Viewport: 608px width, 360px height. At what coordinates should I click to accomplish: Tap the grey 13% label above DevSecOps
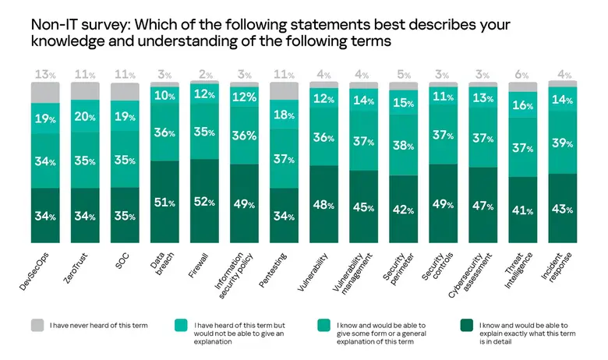[x=46, y=74]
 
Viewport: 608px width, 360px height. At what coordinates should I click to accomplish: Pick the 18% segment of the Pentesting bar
[x=285, y=115]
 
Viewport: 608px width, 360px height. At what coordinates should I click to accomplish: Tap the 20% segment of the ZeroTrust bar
[x=86, y=118]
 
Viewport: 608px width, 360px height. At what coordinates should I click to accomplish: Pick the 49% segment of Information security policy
[x=245, y=205]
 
